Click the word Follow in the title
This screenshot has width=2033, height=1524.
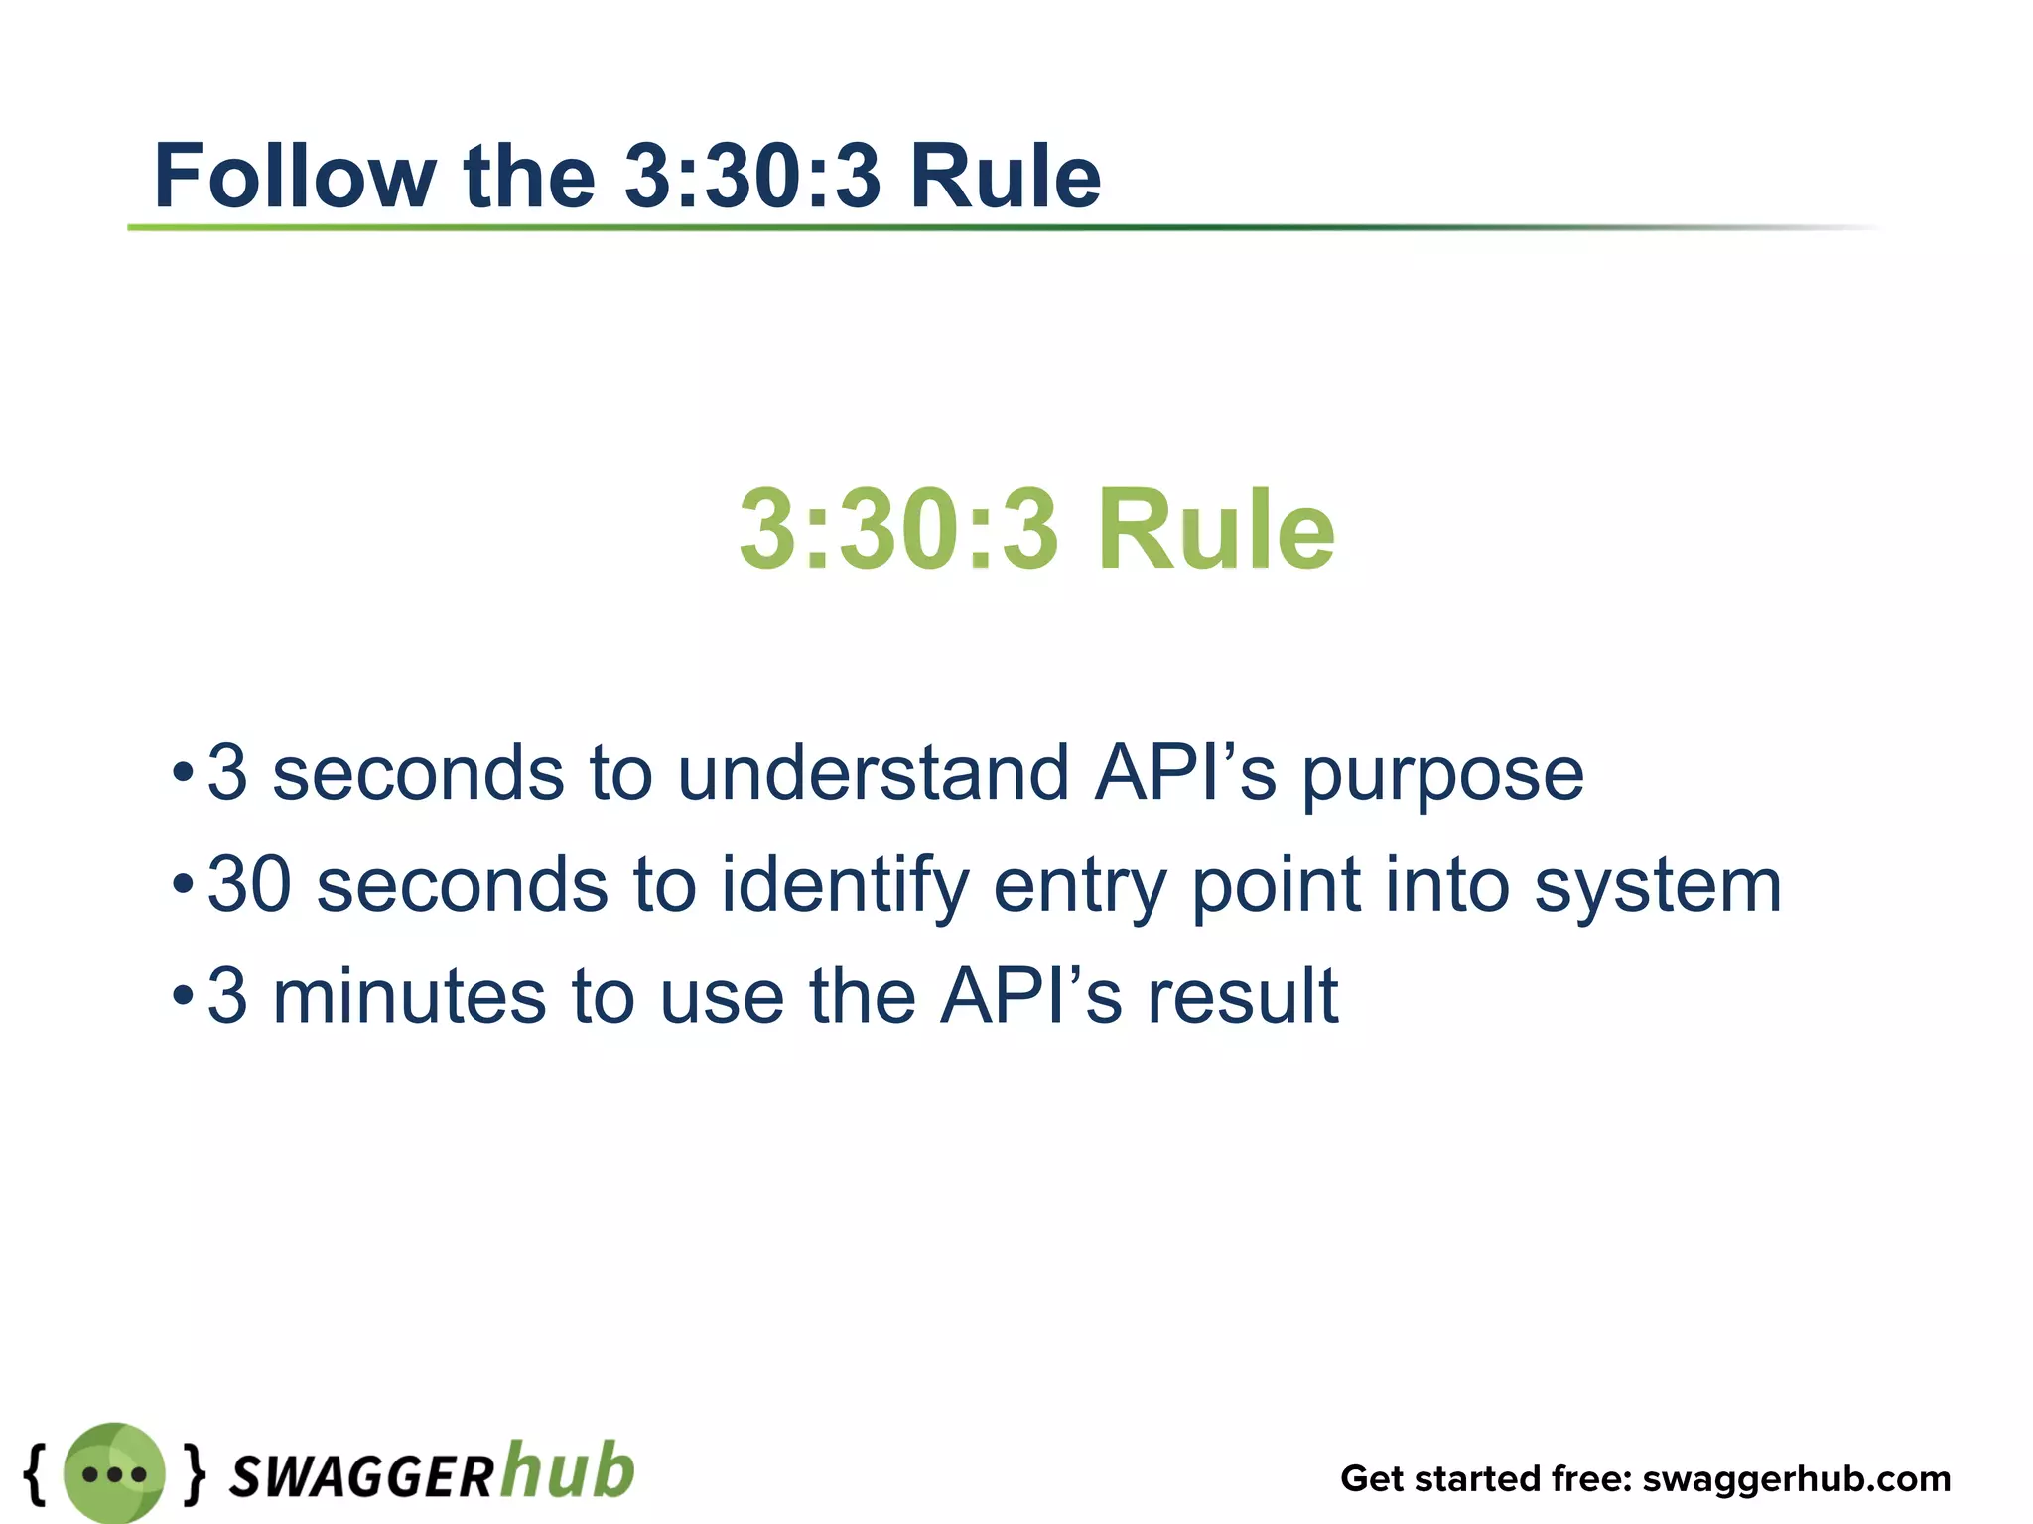[x=295, y=177]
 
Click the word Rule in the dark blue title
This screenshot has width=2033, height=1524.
[x=1005, y=177]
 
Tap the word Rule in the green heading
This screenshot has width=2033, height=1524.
[x=1216, y=531]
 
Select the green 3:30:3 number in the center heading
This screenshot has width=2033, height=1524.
[x=898, y=531]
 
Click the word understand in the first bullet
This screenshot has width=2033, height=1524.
[x=874, y=774]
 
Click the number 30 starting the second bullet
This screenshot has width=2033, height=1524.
[x=249, y=885]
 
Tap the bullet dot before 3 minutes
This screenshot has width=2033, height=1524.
[x=182, y=995]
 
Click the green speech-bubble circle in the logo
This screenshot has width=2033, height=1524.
[x=114, y=1473]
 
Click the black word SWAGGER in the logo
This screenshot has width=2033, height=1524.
[x=361, y=1476]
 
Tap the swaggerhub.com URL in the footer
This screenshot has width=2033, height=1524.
[x=1796, y=1478]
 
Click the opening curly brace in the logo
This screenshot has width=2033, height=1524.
[x=36, y=1472]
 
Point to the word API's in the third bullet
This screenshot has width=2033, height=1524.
[x=1031, y=997]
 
